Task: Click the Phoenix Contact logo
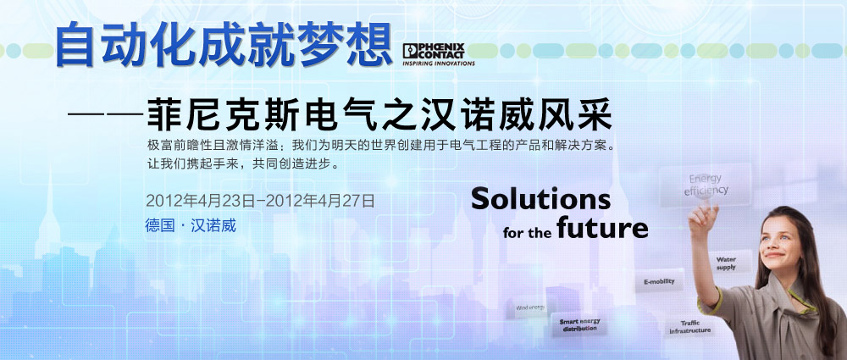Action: click(x=439, y=54)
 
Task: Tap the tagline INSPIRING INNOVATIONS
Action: click(x=439, y=64)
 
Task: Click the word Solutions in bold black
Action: click(x=540, y=199)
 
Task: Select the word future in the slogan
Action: click(x=602, y=227)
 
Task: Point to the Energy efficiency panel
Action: click(x=706, y=185)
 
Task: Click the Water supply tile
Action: click(x=727, y=263)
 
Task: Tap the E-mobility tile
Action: click(x=659, y=281)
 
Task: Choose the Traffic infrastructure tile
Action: click(x=689, y=326)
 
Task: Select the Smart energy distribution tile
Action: click(x=579, y=325)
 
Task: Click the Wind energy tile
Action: click(x=530, y=307)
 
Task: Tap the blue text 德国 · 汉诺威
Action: click(x=191, y=224)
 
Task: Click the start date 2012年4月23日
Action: click(x=200, y=201)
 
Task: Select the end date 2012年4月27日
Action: click(x=320, y=201)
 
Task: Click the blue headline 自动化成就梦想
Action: click(x=224, y=45)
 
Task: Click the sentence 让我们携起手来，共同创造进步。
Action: click(x=244, y=163)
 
